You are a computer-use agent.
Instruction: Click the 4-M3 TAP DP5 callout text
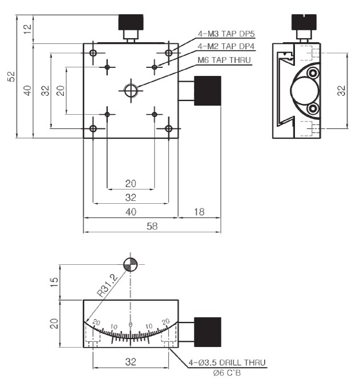(x=226, y=34)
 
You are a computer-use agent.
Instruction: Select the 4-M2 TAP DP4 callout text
(x=226, y=46)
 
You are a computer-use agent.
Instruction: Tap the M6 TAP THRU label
(x=224, y=60)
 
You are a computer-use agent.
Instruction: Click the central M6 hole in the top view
(x=131, y=91)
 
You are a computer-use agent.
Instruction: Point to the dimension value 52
(x=11, y=76)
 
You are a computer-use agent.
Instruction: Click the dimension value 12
(x=27, y=29)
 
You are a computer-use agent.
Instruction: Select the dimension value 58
(x=152, y=226)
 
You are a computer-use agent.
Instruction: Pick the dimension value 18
(x=199, y=212)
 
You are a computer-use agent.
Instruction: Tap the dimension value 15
(x=54, y=282)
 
